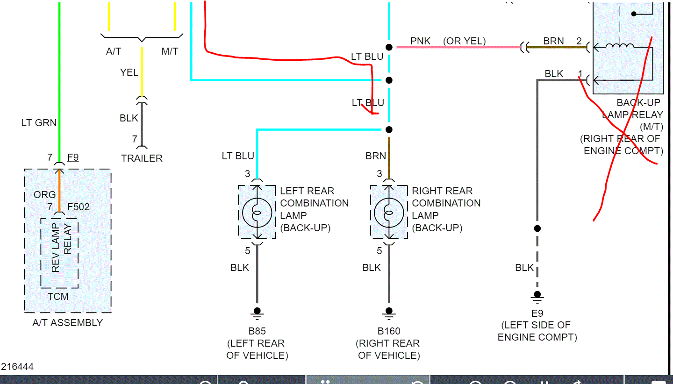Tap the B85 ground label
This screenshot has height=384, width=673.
click(x=257, y=331)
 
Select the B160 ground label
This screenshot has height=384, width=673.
click(x=389, y=331)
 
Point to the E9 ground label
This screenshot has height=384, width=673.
click(x=537, y=313)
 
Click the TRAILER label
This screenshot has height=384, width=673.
click(x=142, y=158)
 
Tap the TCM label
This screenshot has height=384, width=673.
click(x=58, y=296)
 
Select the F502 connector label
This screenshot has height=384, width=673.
click(x=79, y=206)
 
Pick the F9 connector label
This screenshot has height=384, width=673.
click(x=73, y=157)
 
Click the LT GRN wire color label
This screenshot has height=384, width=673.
click(x=39, y=123)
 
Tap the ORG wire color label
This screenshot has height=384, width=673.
click(x=44, y=195)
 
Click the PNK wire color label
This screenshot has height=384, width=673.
click(x=420, y=41)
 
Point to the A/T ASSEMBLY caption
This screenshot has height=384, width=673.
click(x=68, y=323)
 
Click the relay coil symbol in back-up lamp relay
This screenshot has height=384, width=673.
click(x=620, y=46)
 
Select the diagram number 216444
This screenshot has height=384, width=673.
click(x=17, y=367)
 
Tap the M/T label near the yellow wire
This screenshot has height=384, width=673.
click(x=170, y=51)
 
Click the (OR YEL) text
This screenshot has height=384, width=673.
click(x=464, y=41)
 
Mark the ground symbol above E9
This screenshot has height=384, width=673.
click(x=537, y=296)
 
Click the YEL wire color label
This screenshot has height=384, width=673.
click(x=129, y=72)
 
